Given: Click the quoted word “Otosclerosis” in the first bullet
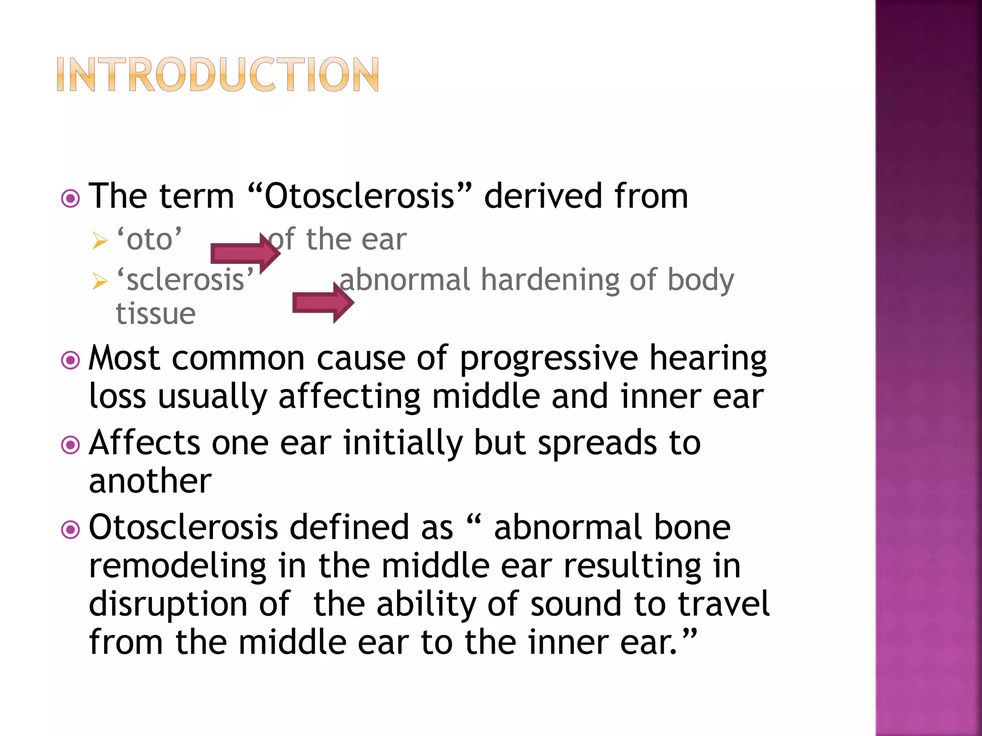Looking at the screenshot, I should (360, 196).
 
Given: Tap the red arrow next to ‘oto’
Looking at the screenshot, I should (245, 253).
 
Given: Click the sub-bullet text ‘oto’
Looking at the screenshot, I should (150, 239).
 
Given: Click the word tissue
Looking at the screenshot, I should (156, 314).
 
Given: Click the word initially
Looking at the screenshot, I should (403, 443).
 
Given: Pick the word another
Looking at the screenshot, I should (150, 481).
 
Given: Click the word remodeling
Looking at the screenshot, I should (177, 566).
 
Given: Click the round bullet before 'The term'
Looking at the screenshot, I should (70, 198).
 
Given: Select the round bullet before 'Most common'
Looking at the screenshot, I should (70, 360).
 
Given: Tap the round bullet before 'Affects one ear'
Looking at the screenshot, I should (70, 445).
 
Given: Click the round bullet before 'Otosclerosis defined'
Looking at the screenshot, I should (70, 529).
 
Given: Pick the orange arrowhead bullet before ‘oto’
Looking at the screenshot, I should (100, 241).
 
